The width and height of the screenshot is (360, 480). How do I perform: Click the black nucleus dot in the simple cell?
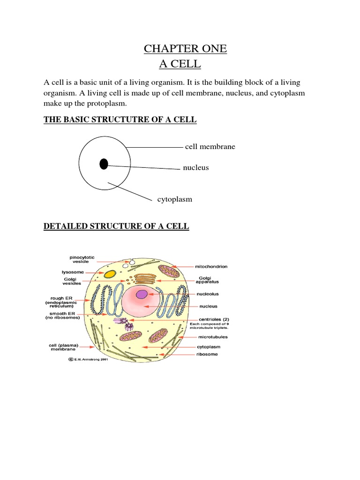coord(104,164)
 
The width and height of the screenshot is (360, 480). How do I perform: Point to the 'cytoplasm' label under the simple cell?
coord(175,199)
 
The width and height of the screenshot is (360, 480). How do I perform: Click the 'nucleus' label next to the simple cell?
coord(196,167)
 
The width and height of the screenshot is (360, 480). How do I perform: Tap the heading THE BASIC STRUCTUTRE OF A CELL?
coord(120,120)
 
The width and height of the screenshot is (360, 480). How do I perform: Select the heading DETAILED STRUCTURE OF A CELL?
coord(116,226)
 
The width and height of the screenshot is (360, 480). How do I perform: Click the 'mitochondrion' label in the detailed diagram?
coord(211,266)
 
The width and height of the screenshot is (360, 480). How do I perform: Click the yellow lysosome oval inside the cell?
coord(110,274)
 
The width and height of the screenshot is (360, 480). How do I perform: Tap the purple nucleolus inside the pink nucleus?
coord(142,294)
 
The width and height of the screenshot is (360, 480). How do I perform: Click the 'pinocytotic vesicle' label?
coord(82,260)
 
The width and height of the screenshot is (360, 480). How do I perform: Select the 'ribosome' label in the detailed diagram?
coord(207,354)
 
